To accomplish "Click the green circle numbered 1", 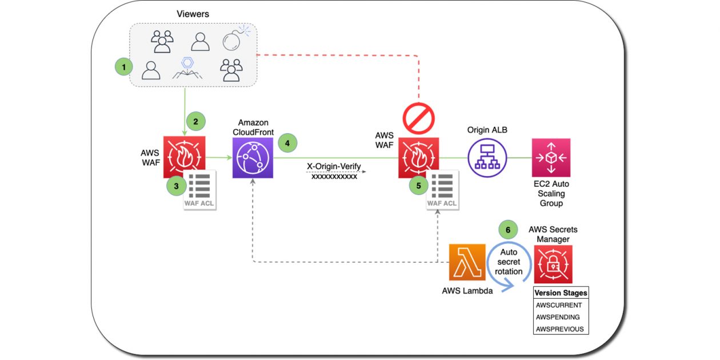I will (123, 67).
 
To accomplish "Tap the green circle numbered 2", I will (195, 121).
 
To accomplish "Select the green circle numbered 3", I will (175, 186).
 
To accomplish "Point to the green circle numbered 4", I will (287, 143).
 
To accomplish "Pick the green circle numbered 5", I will (418, 185).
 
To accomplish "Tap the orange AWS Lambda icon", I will (467, 262).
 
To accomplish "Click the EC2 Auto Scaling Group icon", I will (551, 157).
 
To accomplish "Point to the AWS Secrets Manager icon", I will (553, 265).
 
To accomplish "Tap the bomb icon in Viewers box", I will (234, 40).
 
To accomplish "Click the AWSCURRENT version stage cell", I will (560, 305).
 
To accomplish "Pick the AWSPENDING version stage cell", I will (560, 317).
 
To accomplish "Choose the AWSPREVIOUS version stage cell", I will (560, 329).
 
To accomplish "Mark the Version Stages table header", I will (560, 293).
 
